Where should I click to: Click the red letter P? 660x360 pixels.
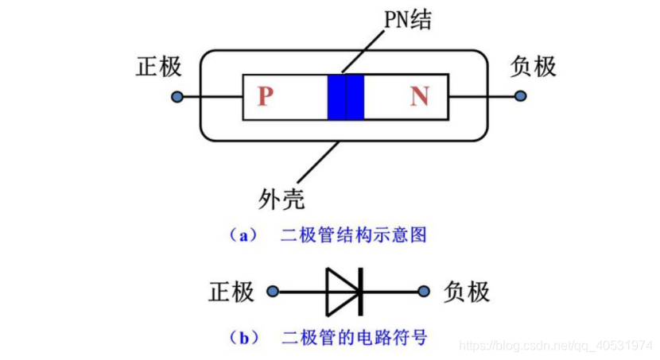[266, 97]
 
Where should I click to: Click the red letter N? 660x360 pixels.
[419, 97]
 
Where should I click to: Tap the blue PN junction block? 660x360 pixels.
[346, 97]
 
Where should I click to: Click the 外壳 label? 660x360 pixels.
[281, 195]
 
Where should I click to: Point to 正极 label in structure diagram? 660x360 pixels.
[159, 67]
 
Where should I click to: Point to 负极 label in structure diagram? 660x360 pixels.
[533, 67]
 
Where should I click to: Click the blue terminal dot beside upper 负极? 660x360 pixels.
[520, 96]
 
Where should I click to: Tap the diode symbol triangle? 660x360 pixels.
[340, 291]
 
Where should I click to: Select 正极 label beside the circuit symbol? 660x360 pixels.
[231, 291]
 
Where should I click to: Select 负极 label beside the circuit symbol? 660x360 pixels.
[467, 291]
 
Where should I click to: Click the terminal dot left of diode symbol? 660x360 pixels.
[273, 292]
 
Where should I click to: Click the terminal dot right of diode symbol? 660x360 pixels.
[425, 292]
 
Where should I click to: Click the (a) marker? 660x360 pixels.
[243, 235]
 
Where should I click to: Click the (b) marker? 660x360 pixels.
[243, 338]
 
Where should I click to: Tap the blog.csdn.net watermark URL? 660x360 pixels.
[557, 346]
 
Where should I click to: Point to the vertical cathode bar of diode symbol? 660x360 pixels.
[359, 291]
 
